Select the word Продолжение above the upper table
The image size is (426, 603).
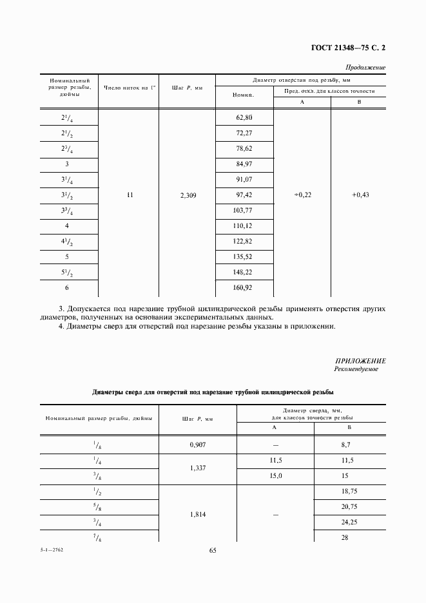click(365, 67)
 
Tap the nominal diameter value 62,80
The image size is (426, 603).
click(244, 117)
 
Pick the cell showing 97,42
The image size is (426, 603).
click(244, 195)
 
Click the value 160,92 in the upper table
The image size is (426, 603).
click(244, 288)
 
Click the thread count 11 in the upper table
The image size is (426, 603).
click(130, 195)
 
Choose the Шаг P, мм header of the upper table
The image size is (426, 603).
click(188, 88)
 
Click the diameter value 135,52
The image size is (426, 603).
click(244, 257)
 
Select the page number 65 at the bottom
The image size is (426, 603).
click(213, 550)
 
